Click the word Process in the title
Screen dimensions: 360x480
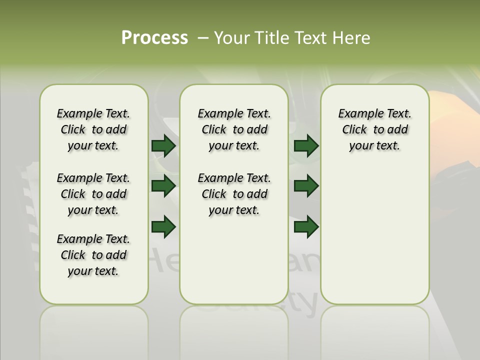[x=154, y=38]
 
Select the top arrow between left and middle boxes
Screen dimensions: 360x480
[x=163, y=146]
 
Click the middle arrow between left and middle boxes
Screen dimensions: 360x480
[x=163, y=186]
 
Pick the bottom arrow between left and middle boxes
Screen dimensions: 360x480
[x=163, y=227]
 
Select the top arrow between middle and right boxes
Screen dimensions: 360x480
[x=306, y=146]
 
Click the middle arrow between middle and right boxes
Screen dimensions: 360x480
[x=306, y=186]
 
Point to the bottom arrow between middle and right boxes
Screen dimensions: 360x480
[x=306, y=227]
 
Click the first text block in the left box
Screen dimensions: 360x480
[x=93, y=129]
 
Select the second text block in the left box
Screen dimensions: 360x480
[x=93, y=194]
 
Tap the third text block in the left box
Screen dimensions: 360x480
[x=93, y=255]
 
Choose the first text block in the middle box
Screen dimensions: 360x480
[x=234, y=129]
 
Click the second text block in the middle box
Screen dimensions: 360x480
[x=234, y=194]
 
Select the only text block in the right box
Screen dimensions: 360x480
[x=374, y=129]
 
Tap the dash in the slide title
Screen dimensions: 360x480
[x=203, y=38]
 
